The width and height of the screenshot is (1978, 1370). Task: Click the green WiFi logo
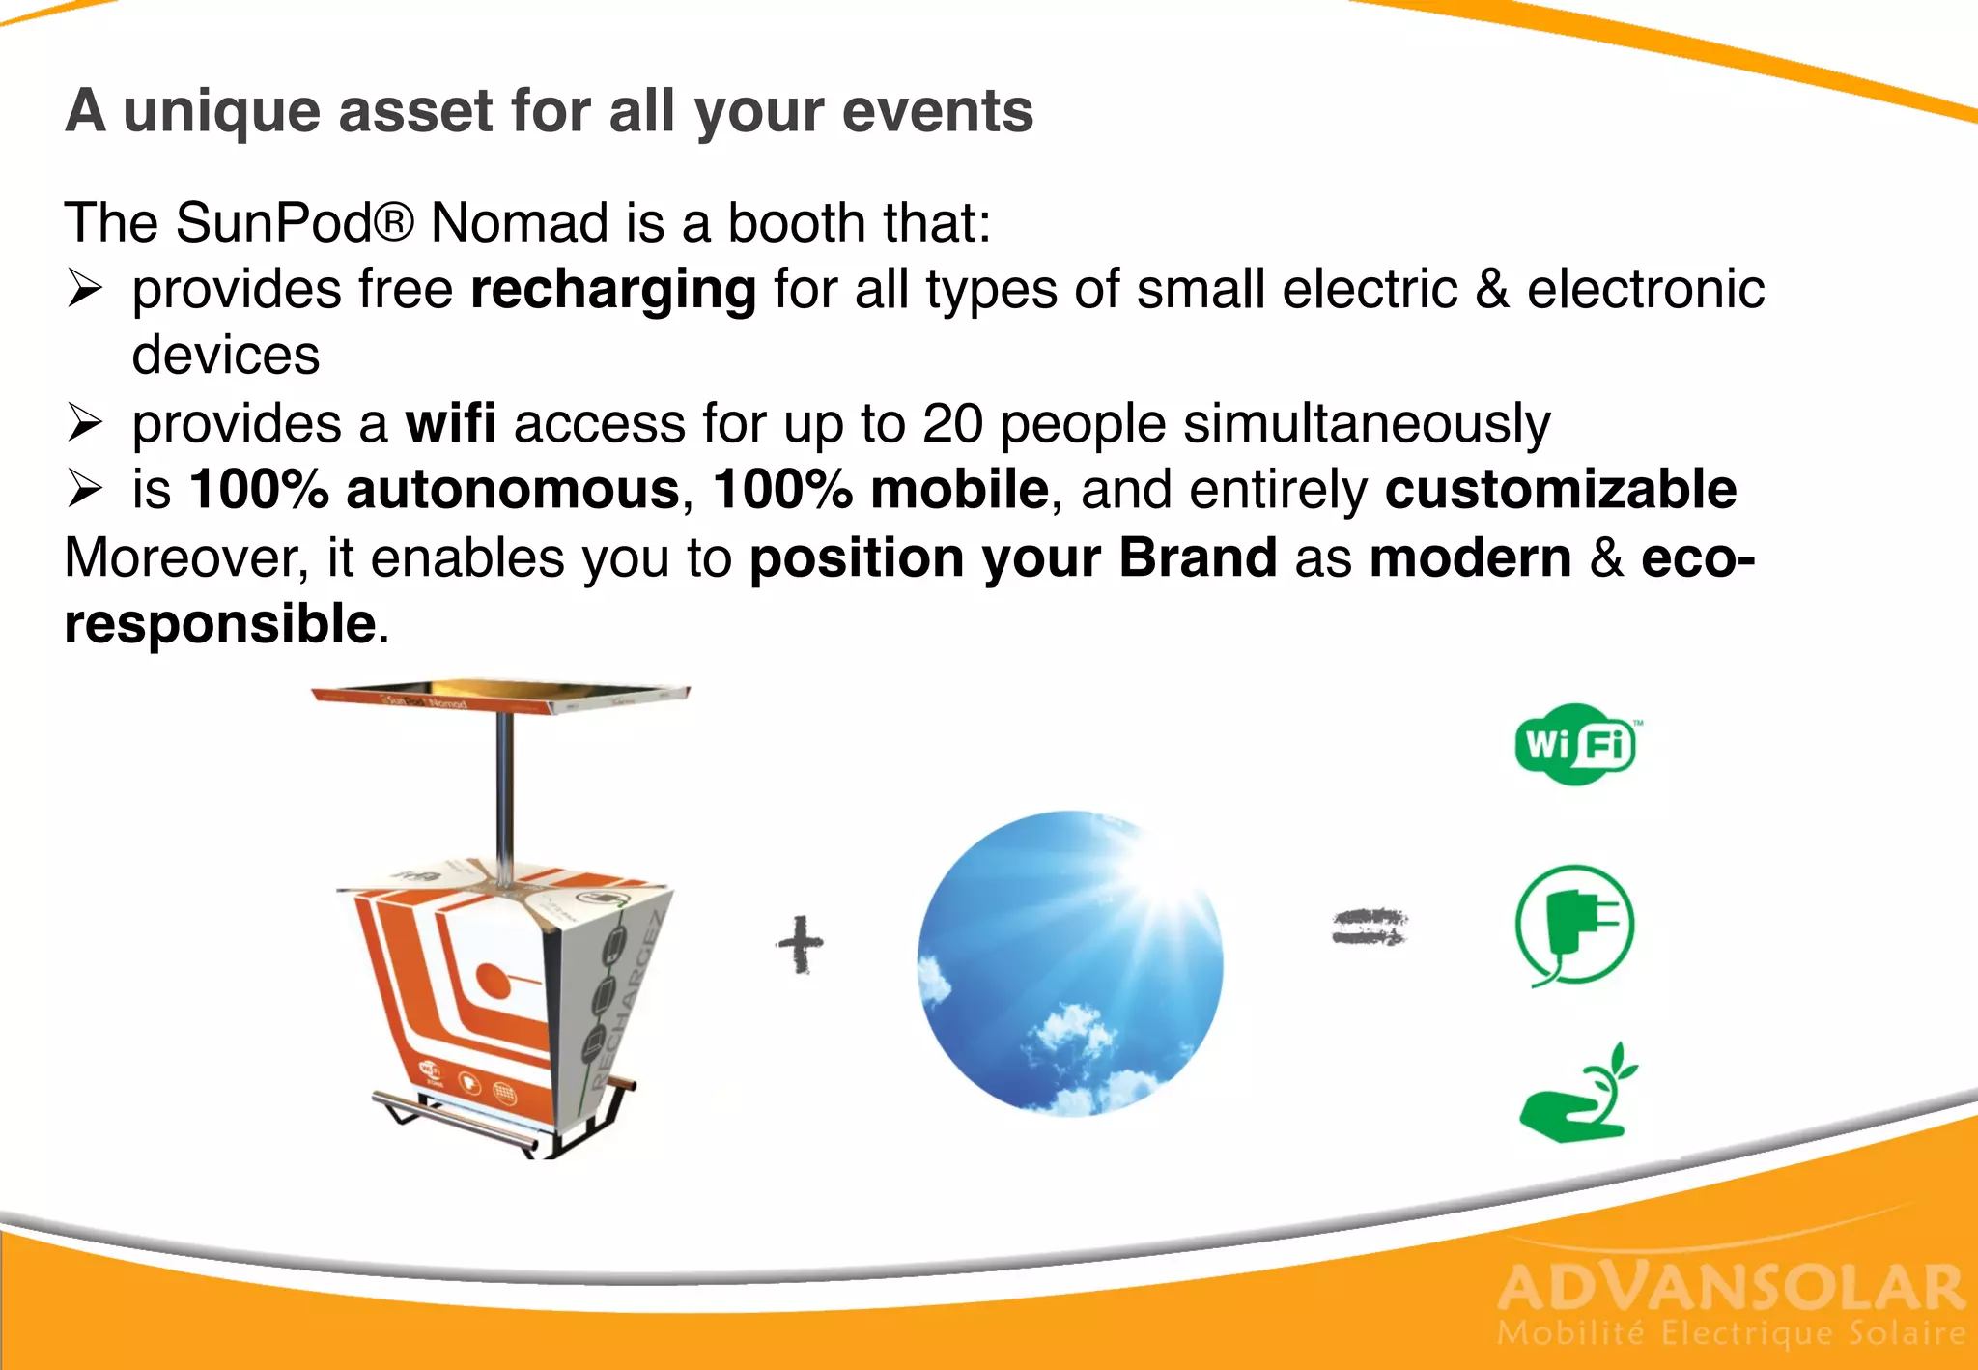pos(1575,744)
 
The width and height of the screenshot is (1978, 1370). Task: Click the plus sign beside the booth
pos(800,944)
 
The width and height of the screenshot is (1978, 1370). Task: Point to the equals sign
pos(1370,927)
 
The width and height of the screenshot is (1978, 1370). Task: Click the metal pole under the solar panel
pos(504,792)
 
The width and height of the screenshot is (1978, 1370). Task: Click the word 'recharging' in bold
pos(613,289)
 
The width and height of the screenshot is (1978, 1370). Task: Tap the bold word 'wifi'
pos(450,423)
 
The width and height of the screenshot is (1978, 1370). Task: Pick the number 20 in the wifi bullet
pos(952,423)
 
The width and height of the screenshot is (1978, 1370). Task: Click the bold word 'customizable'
pos(1560,489)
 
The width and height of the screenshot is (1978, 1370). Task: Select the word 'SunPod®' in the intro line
pos(295,222)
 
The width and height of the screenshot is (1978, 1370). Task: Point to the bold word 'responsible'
pos(219,623)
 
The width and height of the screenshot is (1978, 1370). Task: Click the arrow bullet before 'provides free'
pos(85,289)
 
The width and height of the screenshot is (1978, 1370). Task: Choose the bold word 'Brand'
pos(1198,557)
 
